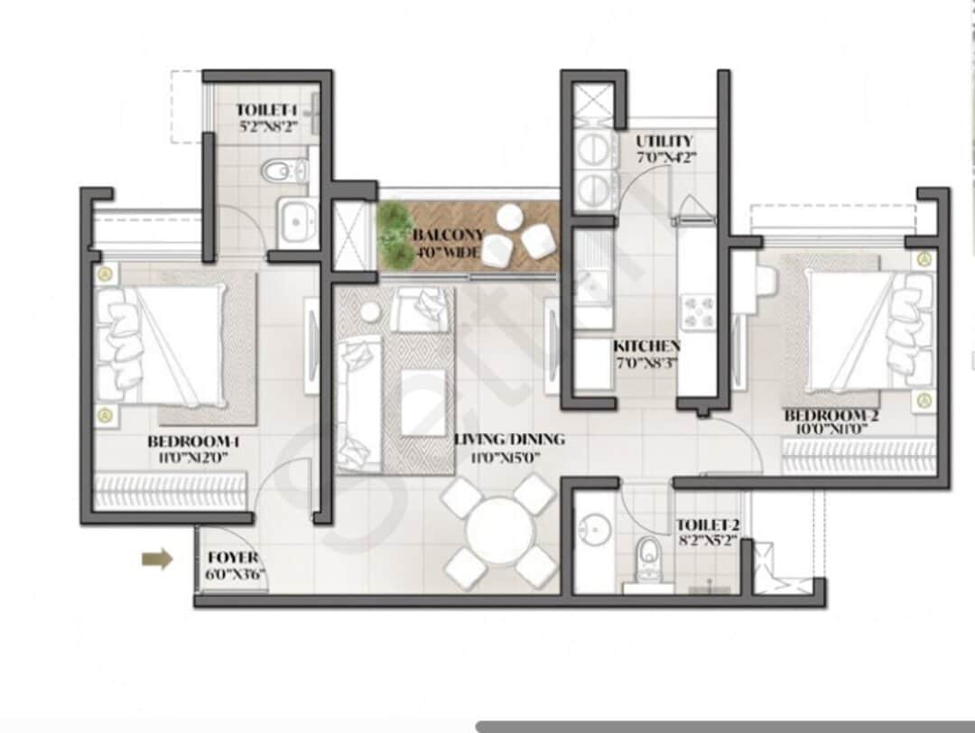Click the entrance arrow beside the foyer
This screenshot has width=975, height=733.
pyautogui.click(x=157, y=560)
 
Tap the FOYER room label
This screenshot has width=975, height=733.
pyautogui.click(x=232, y=558)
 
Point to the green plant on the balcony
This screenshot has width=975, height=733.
pyautogui.click(x=394, y=233)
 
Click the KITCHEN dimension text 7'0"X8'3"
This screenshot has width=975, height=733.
pyautogui.click(x=645, y=363)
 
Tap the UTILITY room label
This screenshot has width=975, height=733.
pyautogui.click(x=664, y=141)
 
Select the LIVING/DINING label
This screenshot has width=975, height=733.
pyautogui.click(x=509, y=440)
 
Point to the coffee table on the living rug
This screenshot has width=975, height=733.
pyautogui.click(x=422, y=402)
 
